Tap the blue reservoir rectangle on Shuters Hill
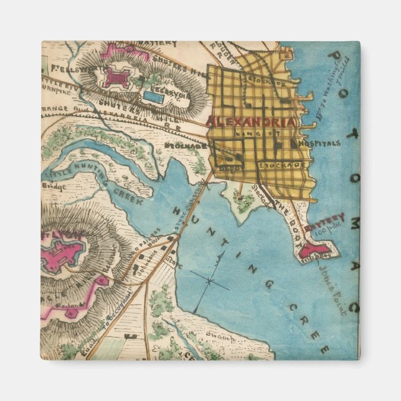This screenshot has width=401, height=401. (x=154, y=97)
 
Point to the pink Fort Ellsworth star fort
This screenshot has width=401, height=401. (x=116, y=77)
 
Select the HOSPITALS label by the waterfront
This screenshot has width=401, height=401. (x=320, y=143)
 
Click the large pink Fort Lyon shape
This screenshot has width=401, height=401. (x=62, y=253)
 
